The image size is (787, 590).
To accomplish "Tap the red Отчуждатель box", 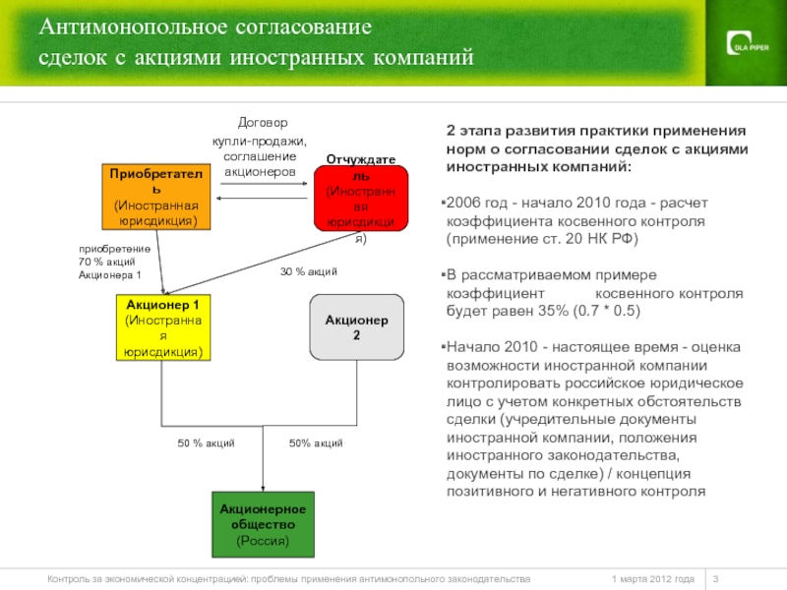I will (360, 198).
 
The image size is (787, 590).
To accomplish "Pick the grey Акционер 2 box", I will (357, 326).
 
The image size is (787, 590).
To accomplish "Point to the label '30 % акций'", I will (309, 271).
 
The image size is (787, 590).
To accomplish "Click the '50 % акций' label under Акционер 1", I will (206, 443).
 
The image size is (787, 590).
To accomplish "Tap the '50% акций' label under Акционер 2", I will (316, 443).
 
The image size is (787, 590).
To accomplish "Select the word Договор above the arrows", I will (263, 124).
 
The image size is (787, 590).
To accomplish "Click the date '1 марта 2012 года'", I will (652, 578).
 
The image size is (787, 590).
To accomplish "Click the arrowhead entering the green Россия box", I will (263, 487).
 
